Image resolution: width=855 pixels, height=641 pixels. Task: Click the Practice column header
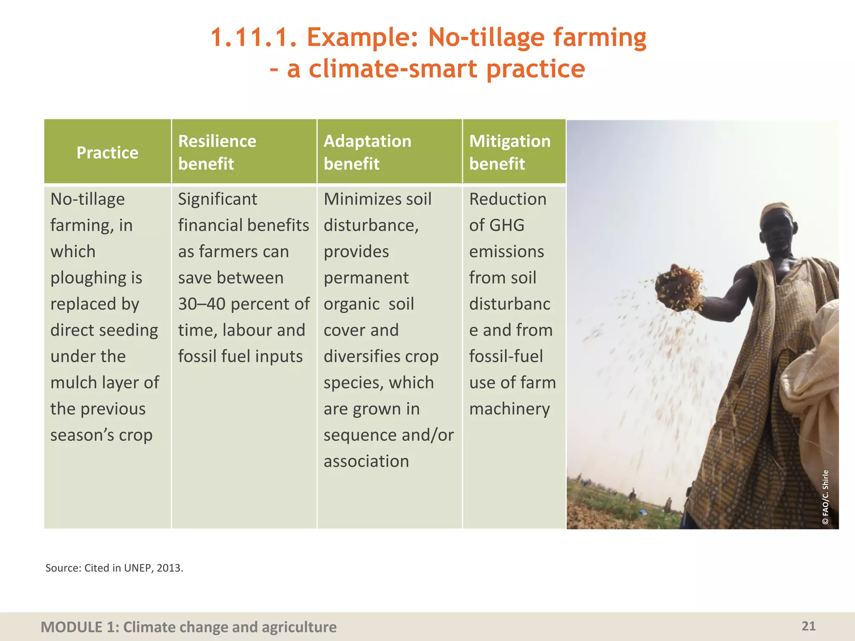107,153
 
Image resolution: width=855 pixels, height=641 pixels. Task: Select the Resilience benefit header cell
217,152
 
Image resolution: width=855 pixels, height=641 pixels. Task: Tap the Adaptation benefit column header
367,152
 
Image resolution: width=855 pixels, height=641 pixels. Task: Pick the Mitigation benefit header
510,152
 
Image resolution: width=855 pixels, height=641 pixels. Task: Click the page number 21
808,626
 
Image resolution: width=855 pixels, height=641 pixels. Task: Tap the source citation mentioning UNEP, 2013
114,568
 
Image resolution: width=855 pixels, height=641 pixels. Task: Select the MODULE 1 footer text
188,627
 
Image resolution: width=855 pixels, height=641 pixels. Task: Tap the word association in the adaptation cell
366,462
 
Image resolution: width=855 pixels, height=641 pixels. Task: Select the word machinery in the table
509,409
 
